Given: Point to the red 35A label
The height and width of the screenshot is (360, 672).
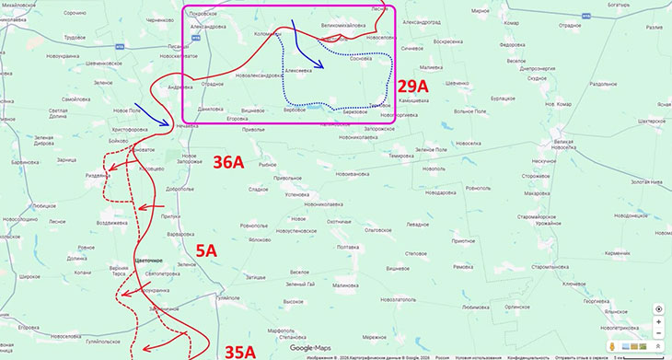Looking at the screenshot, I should click(240, 350).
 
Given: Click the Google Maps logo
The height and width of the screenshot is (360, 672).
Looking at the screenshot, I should click(309, 347).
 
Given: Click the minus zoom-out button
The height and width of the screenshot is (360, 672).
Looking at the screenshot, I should click(658, 333).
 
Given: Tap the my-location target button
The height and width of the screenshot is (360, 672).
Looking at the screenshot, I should click(658, 308).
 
